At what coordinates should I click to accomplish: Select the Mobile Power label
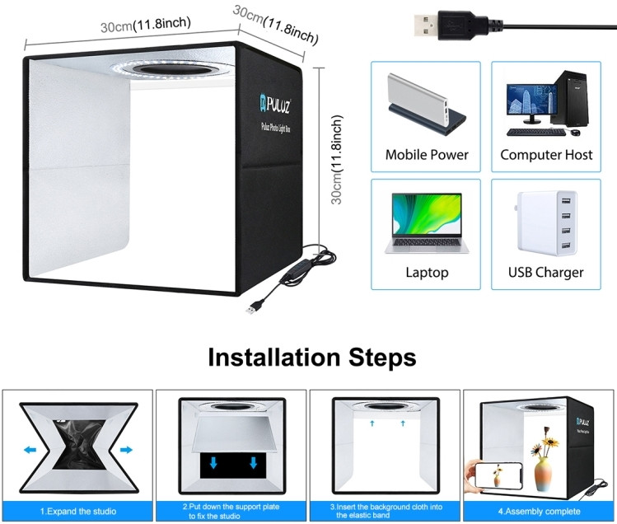pyautogui.click(x=426, y=154)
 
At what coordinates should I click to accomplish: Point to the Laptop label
pyautogui.click(x=427, y=272)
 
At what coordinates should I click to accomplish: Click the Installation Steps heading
pyautogui.click(x=311, y=358)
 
